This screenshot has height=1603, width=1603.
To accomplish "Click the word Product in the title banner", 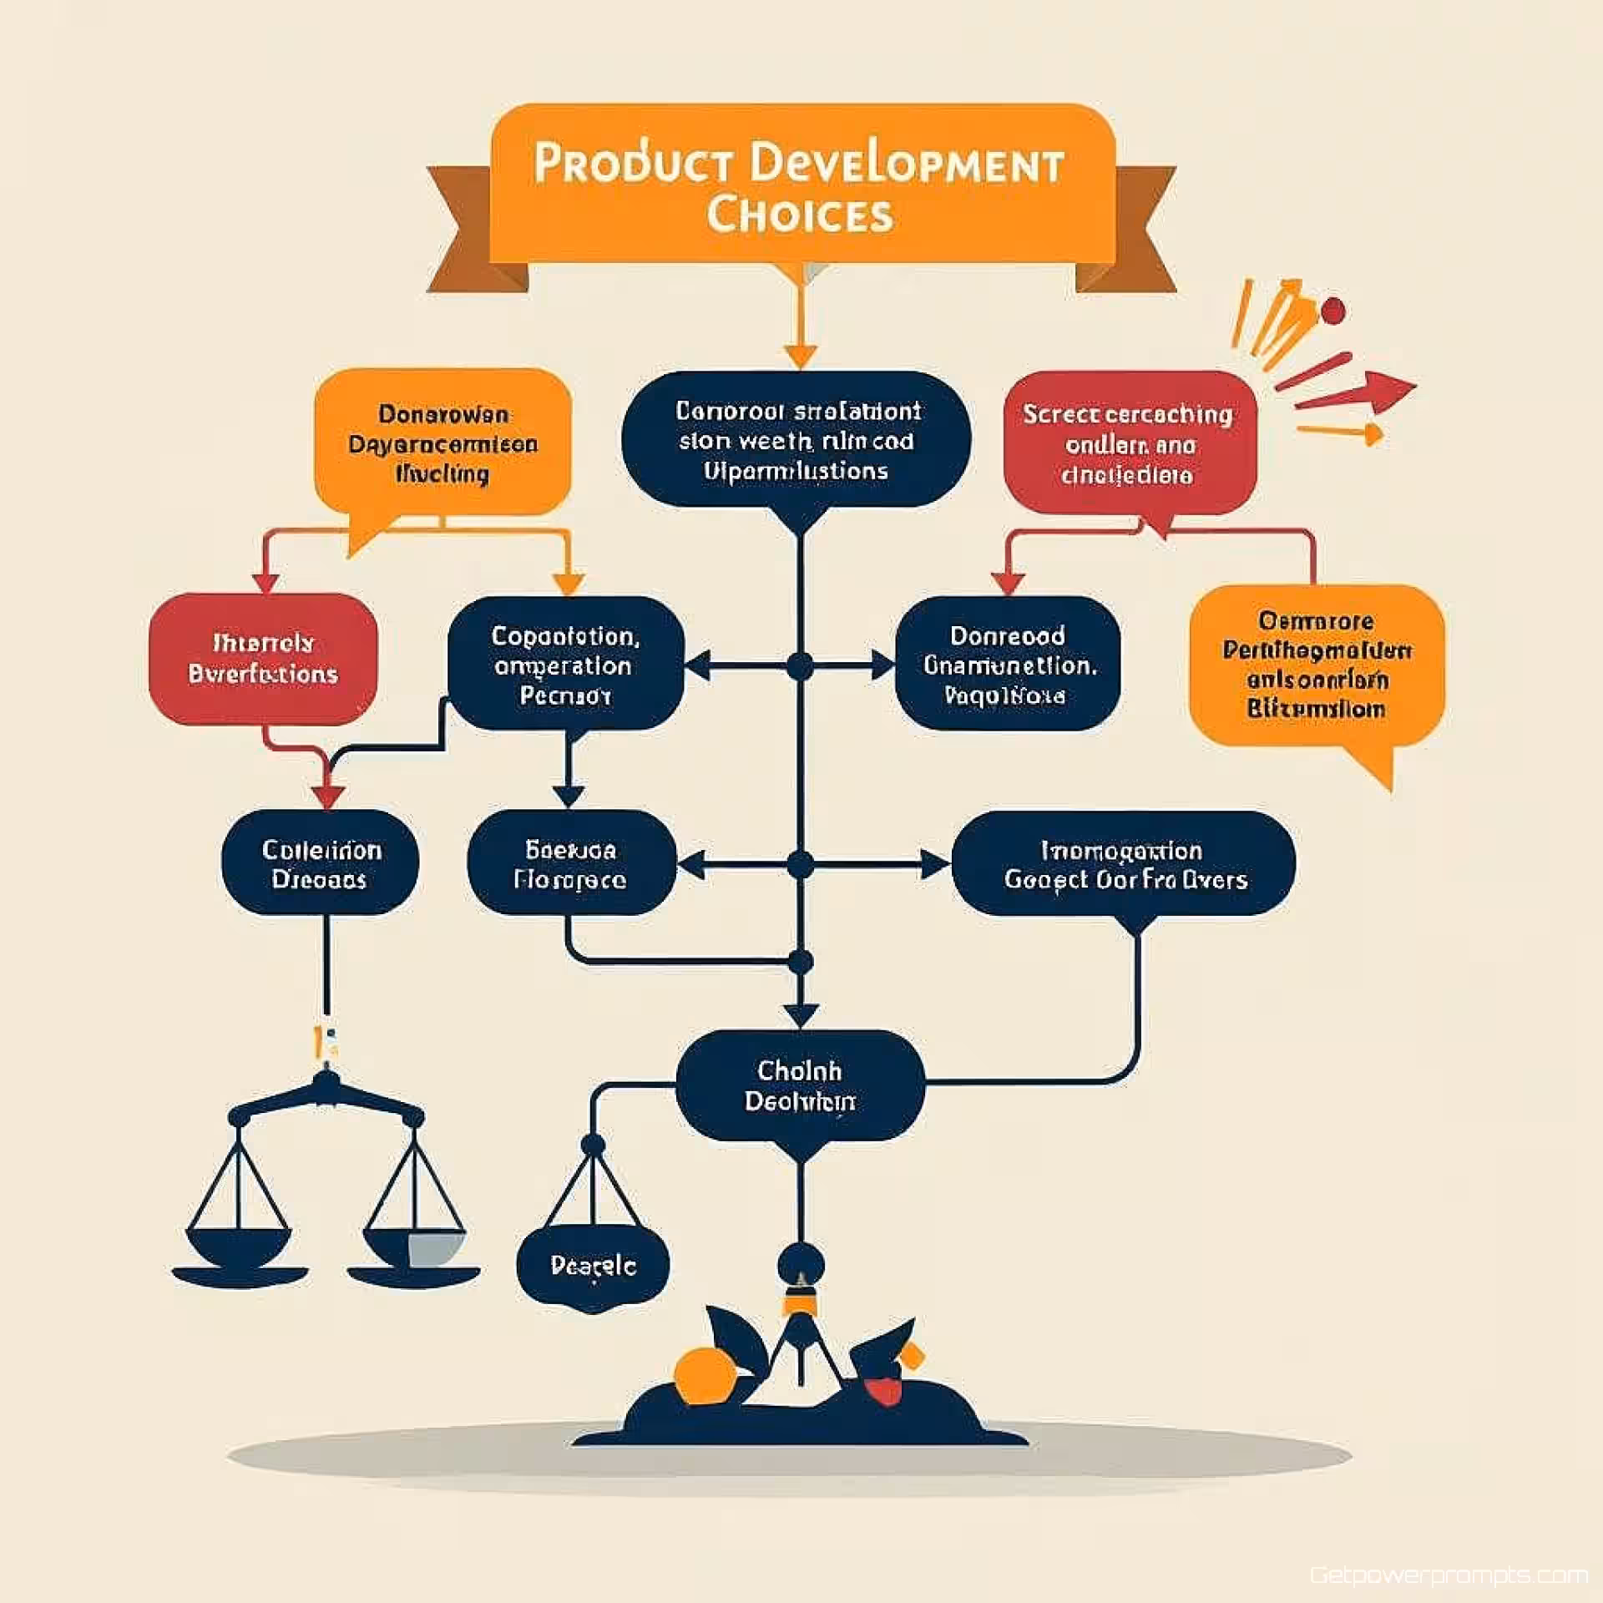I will pos(633,163).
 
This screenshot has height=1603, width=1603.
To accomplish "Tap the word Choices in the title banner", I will pos(800,215).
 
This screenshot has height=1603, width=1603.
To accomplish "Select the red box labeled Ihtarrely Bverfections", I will pos(263,658).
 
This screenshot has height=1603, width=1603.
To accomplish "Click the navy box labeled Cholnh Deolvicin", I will pos(799,1085).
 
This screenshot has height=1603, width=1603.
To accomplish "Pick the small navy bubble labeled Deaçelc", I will pos(593,1267).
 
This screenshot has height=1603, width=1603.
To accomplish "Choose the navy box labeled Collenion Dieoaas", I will pos(320,864).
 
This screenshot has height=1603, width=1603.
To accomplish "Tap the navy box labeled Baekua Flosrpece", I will pos(571,864).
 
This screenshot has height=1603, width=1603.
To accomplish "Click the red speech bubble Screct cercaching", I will pos(1129,443).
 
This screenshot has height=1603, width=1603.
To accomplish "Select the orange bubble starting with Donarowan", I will pos(442,443).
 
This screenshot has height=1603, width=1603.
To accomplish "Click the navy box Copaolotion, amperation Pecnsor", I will pos(565,665).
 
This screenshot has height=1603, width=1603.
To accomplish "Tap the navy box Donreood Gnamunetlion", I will pos(1007,665).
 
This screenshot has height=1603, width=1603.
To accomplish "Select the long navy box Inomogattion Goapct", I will pos(1124,864).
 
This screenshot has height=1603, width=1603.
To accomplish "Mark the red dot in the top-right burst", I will pos(1333,311).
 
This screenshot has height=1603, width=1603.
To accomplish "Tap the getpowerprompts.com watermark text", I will pos(1449,1575).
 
